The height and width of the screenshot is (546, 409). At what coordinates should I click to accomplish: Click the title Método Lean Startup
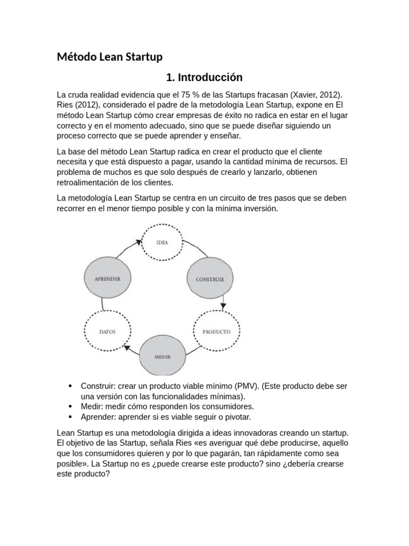point(109,57)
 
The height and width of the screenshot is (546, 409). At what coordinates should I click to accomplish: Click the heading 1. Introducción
point(204,77)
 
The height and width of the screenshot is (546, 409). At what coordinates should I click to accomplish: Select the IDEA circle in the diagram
point(162,242)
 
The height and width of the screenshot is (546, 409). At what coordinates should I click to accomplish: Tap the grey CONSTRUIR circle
point(209,279)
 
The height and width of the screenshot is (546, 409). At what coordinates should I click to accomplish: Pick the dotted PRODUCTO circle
point(216,331)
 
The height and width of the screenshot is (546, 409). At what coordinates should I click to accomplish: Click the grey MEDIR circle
point(162,356)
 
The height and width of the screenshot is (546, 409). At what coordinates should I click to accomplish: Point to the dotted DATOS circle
point(107,331)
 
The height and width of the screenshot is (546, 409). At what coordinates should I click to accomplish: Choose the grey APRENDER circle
point(107,278)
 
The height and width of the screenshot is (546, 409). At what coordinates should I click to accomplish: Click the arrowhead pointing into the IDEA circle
point(138,242)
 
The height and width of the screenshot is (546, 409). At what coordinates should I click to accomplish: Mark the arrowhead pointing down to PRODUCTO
point(223,306)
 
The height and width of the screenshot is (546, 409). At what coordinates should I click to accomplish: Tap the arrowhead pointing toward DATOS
point(127,347)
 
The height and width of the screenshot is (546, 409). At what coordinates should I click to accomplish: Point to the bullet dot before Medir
point(70,406)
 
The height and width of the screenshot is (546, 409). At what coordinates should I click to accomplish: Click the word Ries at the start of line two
point(65,105)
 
